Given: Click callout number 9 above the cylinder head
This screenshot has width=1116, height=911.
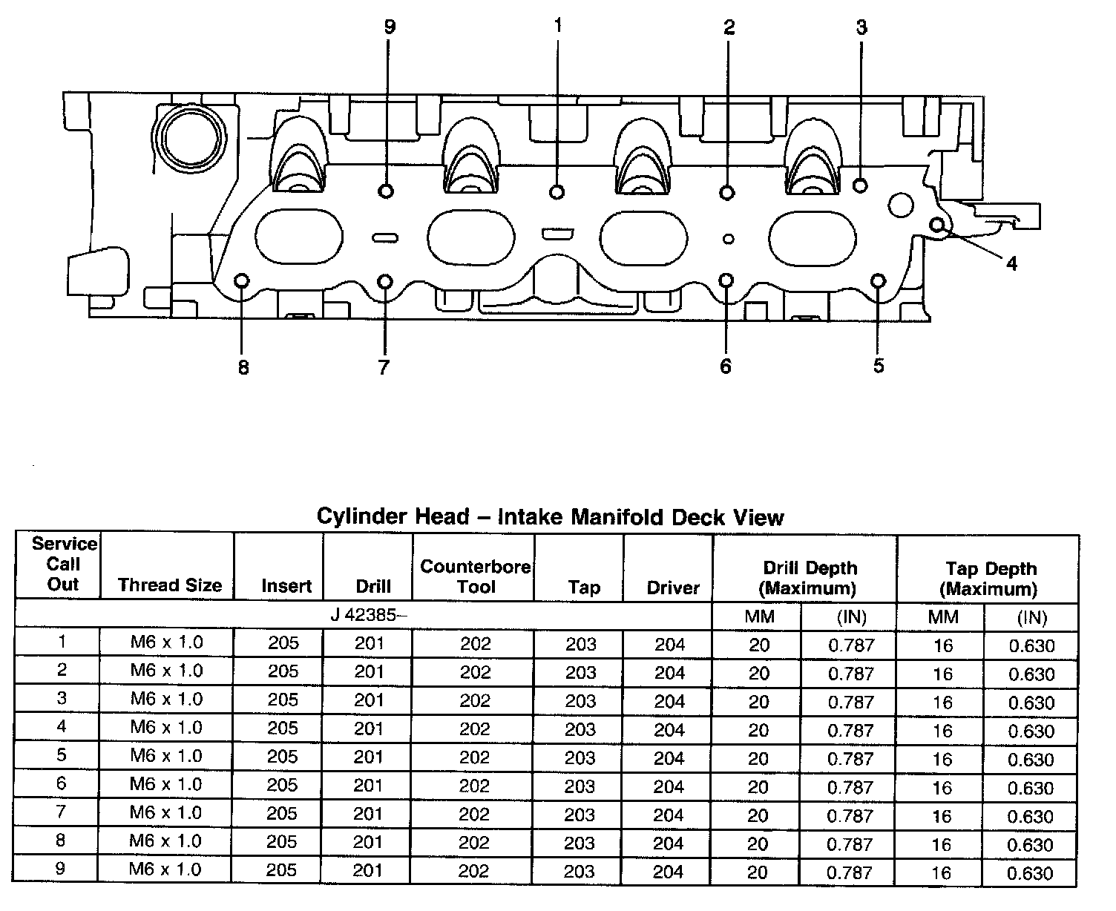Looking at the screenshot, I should click(x=390, y=27).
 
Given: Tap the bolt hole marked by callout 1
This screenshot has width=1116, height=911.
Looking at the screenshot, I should click(x=557, y=192).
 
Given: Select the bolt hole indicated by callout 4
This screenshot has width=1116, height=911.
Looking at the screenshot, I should click(x=937, y=224).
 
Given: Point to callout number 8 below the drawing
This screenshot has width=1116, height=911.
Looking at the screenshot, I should click(x=243, y=367).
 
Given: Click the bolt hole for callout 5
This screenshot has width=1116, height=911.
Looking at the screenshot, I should click(x=878, y=280).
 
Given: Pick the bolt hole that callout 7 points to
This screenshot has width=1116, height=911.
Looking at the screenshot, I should click(x=385, y=281).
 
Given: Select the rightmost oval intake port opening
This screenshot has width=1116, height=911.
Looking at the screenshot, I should click(x=813, y=236).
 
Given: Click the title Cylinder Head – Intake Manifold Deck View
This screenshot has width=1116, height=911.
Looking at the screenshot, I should click(x=550, y=516).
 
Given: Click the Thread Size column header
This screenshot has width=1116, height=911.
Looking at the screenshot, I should click(x=169, y=585).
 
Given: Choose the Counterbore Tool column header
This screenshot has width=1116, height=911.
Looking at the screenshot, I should click(x=475, y=576).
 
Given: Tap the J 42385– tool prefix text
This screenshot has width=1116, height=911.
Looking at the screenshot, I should click(x=369, y=615).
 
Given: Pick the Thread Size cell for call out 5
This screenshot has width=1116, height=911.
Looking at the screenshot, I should click(x=166, y=756).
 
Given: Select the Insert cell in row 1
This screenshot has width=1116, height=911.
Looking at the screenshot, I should click(x=283, y=642).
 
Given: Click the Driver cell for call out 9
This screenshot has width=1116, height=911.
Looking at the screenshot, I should click(x=669, y=871).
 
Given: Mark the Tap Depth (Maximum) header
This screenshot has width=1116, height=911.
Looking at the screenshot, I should click(x=990, y=579).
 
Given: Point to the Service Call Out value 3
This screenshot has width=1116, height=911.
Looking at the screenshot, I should click(x=62, y=698).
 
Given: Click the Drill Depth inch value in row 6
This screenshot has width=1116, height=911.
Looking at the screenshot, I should click(x=850, y=787).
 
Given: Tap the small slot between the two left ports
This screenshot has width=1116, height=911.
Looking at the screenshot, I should click(x=385, y=237).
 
